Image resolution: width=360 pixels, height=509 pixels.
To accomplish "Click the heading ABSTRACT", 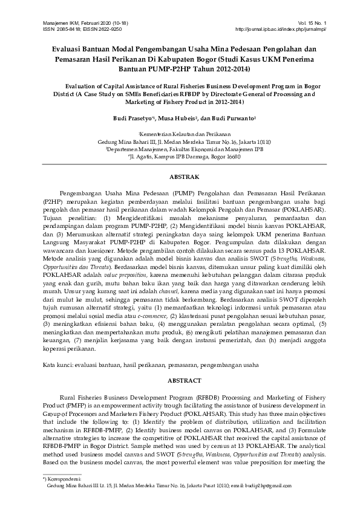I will click(180, 382).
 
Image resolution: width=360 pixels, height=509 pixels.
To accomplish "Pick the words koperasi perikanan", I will click(72, 349).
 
